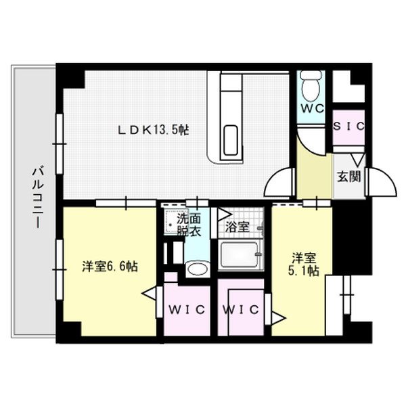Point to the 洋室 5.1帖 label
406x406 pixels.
305,265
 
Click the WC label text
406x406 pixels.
311,109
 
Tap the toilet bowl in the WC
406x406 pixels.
311,87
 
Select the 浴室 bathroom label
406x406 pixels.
237,227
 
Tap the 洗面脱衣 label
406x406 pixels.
189,224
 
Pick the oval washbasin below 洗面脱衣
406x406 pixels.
196,269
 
